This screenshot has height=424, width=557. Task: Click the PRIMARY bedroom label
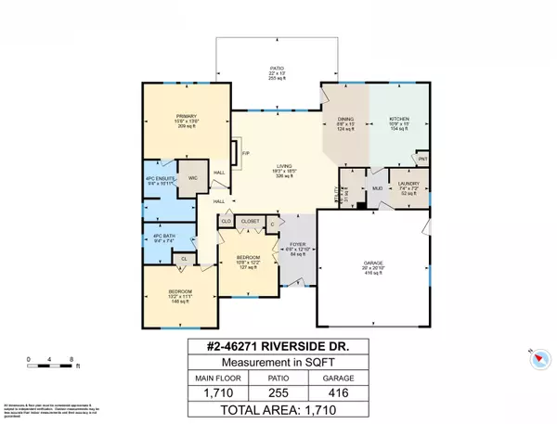tap(187, 114)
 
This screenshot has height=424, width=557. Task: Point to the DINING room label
tap(345, 120)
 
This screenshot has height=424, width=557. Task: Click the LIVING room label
tap(271, 166)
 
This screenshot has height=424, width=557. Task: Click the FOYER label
tap(296, 245)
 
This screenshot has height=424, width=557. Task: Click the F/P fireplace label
tap(245, 153)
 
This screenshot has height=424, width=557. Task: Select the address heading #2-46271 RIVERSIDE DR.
tap(278, 348)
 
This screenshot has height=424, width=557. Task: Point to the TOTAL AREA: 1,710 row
tap(278, 408)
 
